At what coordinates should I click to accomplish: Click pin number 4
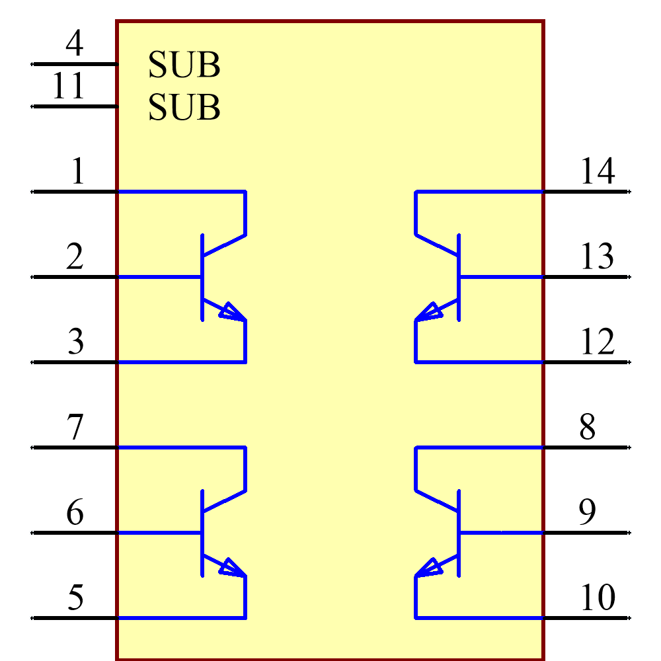coord(74,44)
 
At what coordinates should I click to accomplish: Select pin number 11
coord(69,87)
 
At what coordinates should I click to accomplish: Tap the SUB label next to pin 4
coord(184,65)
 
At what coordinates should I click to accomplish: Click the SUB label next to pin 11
coord(184,108)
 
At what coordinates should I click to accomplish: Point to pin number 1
coord(78,172)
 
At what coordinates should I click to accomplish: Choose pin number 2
coord(75,257)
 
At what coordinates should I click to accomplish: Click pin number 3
coord(76,342)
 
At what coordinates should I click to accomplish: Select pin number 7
coord(75,428)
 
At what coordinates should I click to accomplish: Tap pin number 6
coord(75,513)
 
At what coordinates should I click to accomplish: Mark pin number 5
coord(76,598)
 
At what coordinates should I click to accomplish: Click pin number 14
coord(598,172)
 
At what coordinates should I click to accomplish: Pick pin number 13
coord(597,257)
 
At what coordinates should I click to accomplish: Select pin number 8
coord(587,428)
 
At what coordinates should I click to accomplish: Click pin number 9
coord(587,513)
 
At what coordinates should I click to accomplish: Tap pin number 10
coord(598,598)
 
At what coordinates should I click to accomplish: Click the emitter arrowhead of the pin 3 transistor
coord(232,312)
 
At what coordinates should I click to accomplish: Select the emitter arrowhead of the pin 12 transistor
coord(429,312)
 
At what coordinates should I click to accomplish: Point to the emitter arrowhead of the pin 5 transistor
coord(232,568)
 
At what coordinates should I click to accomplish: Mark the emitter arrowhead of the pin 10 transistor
coord(429,568)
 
